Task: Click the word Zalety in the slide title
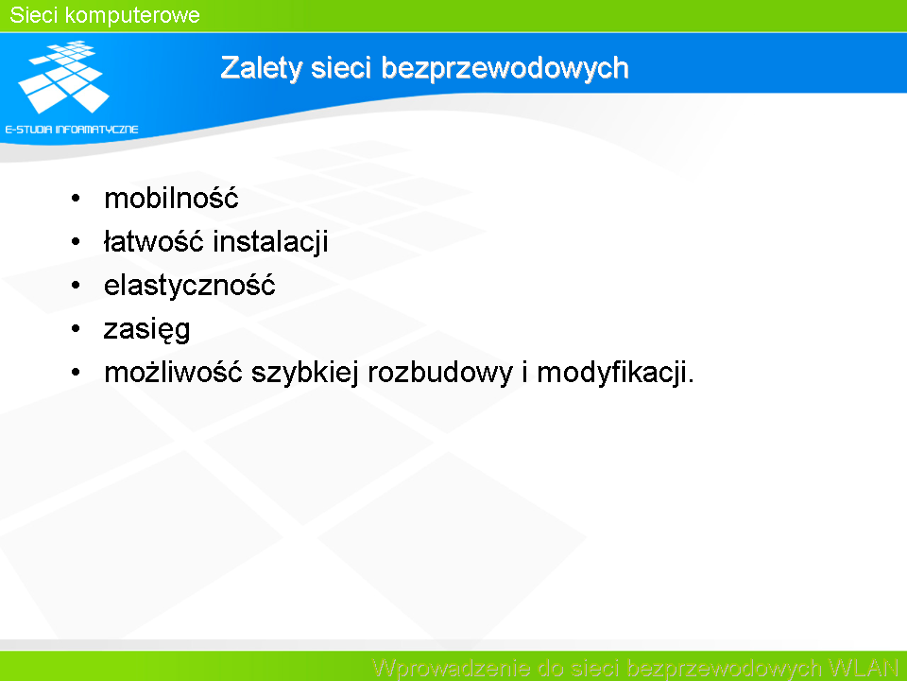tap(261, 68)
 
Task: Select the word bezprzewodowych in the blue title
tap(505, 68)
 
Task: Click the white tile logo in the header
tap(63, 77)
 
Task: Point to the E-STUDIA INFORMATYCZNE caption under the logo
tap(72, 130)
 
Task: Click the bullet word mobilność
tap(171, 198)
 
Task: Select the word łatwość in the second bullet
tap(154, 241)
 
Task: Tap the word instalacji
tap(271, 242)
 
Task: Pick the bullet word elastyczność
tap(190, 285)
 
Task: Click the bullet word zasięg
tap(147, 330)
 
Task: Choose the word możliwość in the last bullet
tap(173, 372)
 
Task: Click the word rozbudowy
tap(440, 373)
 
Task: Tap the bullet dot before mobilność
tap(76, 199)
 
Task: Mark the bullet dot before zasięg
tap(76, 329)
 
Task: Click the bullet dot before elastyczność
tap(76, 286)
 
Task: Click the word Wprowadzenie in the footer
tap(452, 669)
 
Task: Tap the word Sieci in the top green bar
tap(34, 15)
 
